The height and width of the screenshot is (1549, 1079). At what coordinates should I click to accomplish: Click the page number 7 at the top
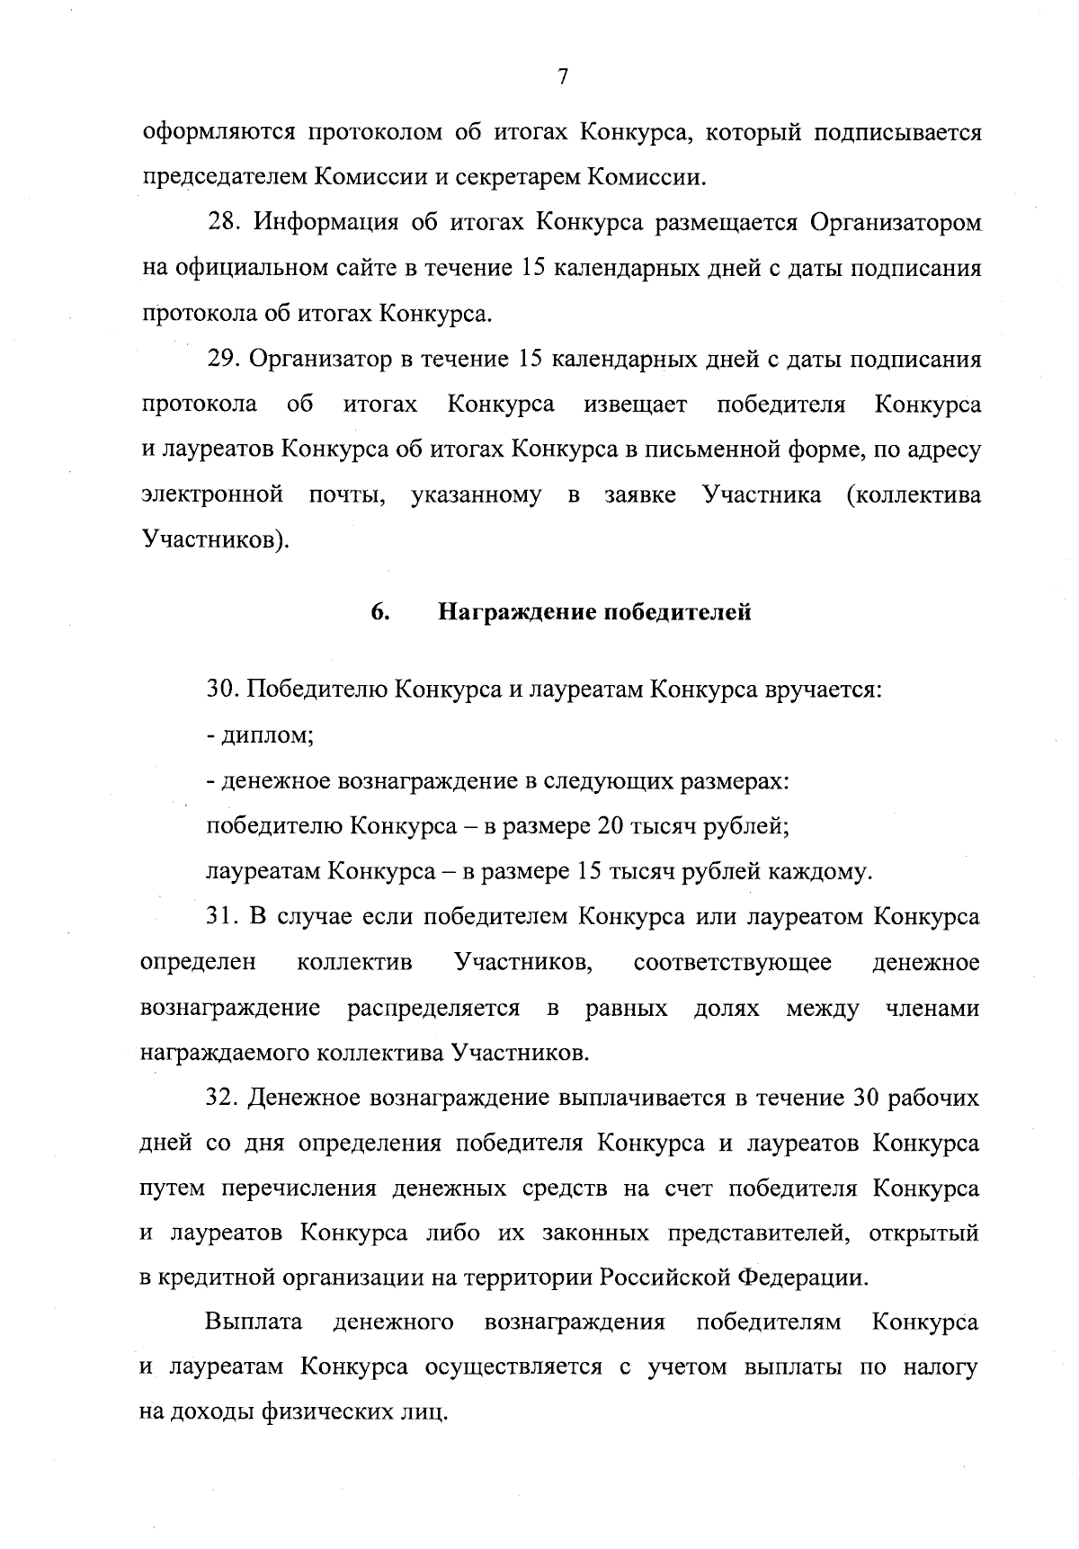point(563,77)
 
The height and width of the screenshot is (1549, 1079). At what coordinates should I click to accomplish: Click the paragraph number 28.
point(221,222)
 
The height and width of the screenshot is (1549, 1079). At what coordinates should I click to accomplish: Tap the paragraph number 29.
point(221,359)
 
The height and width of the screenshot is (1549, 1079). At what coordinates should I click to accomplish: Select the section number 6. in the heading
point(379,612)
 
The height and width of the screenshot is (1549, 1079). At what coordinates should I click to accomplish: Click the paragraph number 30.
point(221,690)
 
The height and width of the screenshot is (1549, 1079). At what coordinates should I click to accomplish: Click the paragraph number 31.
point(221,917)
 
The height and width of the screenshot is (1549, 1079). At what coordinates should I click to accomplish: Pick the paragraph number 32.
point(221,1098)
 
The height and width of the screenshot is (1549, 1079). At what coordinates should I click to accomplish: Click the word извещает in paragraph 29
point(635,405)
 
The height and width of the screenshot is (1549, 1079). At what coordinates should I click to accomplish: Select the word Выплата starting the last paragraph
point(253,1322)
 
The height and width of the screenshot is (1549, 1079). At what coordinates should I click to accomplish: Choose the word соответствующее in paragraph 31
point(732,963)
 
